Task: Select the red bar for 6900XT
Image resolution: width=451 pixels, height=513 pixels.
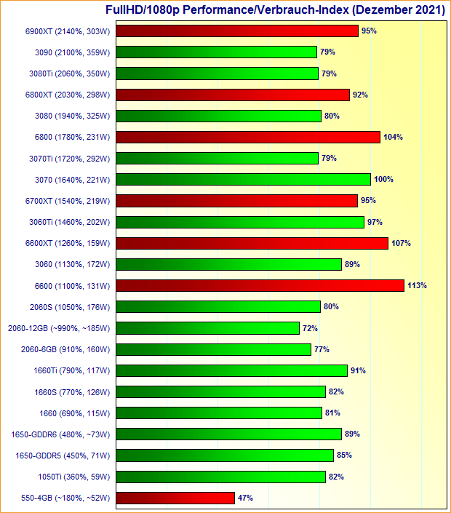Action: tap(236, 31)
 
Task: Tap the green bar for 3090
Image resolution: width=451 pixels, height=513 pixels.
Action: tap(216, 52)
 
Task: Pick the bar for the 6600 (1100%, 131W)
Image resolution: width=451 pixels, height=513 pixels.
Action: tap(260, 286)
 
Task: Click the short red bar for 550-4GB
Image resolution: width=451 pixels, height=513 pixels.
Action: tap(175, 498)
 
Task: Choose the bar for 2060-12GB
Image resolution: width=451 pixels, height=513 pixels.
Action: tap(207, 328)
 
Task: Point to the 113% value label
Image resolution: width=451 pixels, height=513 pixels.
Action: tap(418, 286)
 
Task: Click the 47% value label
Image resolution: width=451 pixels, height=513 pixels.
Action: tap(245, 498)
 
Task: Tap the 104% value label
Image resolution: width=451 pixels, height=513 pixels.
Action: tap(394, 137)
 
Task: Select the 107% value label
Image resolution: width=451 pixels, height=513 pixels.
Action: tap(402, 243)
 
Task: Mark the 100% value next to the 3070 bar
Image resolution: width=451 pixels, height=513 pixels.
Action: tap(383, 180)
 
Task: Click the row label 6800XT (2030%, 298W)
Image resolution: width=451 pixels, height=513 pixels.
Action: tap(67, 95)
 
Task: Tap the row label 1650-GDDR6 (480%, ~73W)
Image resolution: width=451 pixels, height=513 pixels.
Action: tap(60, 434)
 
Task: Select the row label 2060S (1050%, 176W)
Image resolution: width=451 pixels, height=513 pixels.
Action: tap(69, 307)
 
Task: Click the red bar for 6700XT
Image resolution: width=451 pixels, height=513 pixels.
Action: tap(236, 201)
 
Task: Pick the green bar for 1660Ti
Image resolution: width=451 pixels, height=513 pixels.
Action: tap(231, 371)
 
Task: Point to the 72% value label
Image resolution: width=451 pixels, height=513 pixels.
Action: tap(310, 328)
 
